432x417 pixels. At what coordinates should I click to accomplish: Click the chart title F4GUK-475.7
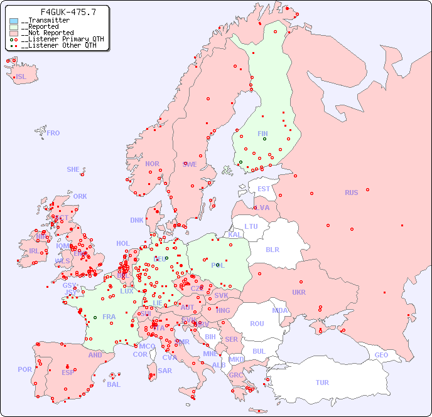point(60,12)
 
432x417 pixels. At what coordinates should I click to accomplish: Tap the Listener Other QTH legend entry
point(56,45)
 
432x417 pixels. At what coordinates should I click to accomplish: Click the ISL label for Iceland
point(21,77)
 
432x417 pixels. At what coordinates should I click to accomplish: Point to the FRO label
point(53,133)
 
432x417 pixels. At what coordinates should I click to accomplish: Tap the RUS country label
point(351,193)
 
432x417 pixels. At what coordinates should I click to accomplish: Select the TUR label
point(322,383)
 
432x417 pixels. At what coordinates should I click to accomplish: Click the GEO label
point(381,355)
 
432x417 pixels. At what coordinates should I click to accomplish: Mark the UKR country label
point(299,292)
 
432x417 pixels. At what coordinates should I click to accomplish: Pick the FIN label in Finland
point(262,134)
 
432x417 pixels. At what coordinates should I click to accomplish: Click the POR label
point(24,369)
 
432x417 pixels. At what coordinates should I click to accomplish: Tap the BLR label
point(272,249)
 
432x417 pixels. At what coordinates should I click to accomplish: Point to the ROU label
point(257,324)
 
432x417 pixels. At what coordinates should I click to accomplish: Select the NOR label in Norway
point(152,164)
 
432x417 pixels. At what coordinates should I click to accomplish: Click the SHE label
point(73,169)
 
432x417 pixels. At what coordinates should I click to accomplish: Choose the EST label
point(264,189)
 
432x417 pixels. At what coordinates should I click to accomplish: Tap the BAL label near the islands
point(114,384)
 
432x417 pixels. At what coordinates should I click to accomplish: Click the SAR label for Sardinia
point(165,370)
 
